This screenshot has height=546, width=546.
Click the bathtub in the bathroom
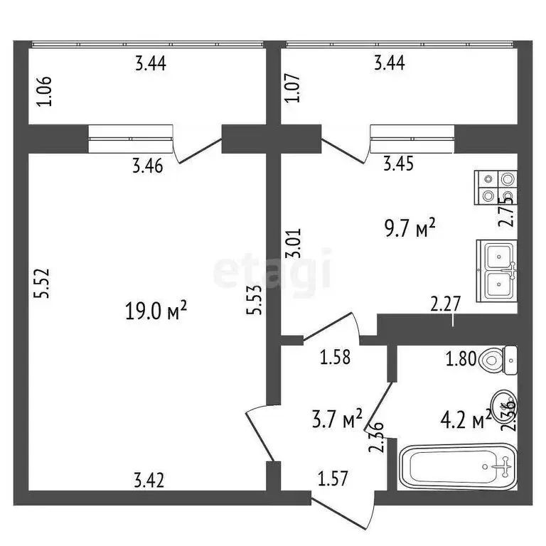tap(458, 469)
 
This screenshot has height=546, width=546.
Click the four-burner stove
tap(496, 188)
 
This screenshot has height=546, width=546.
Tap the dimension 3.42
tap(149, 481)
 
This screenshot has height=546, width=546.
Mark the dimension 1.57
tap(333, 480)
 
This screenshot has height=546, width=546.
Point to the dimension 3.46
tap(148, 168)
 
